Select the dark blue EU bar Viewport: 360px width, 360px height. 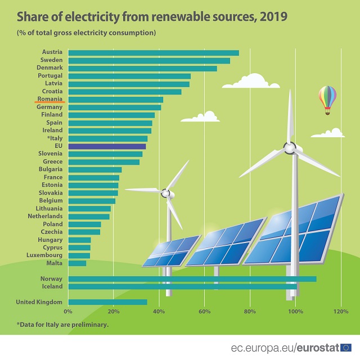(x=107, y=146)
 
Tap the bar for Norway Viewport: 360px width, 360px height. (x=192, y=279)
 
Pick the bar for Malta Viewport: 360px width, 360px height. (x=77, y=263)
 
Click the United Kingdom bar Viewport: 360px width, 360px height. (x=107, y=302)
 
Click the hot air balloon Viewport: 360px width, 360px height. (x=327, y=99)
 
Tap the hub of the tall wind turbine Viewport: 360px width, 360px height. (x=290, y=148)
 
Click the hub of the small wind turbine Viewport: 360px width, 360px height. (x=165, y=193)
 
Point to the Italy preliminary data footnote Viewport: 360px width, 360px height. (x=62, y=325)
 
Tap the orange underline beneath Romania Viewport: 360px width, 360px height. (x=49, y=103)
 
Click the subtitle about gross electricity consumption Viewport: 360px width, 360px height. (x=85, y=33)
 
